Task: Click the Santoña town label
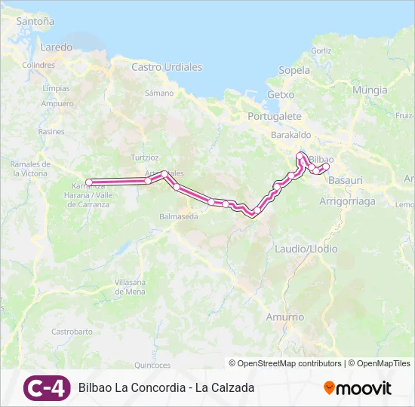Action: click(35, 22)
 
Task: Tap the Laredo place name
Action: click(56, 47)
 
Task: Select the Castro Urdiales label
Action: click(167, 67)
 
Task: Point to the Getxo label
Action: click(281, 95)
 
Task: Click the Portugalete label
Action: click(275, 117)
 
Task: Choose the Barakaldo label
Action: click(291, 135)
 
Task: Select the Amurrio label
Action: click(285, 317)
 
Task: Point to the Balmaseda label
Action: click(179, 216)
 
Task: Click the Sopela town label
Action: click(294, 71)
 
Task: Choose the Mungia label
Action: click(370, 90)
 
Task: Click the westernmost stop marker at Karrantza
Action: click(89, 182)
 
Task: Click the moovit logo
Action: click(358, 388)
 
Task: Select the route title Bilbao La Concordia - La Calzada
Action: click(166, 388)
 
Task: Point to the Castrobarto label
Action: click(72, 332)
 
